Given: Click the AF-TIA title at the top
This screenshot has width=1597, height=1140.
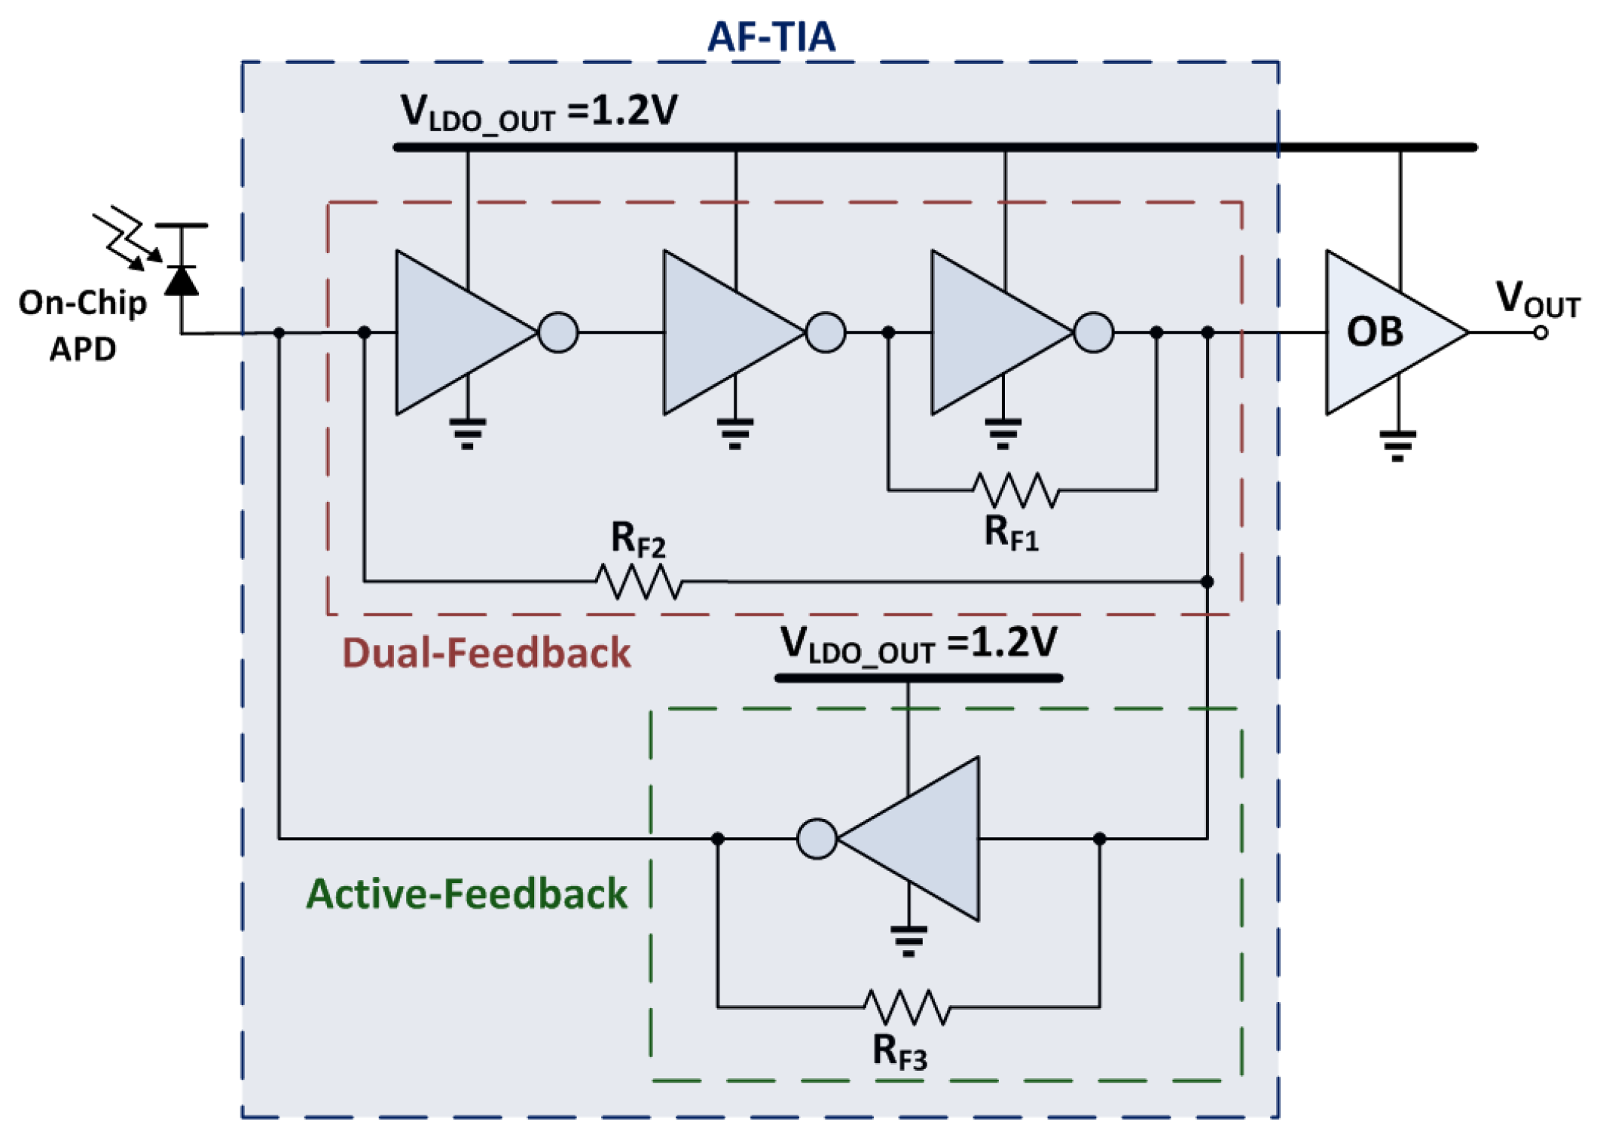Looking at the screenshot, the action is click(x=771, y=36).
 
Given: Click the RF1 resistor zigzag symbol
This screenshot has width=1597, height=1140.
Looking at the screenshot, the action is click(x=1016, y=490).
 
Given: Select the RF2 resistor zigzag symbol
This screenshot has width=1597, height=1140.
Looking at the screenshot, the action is click(x=639, y=582).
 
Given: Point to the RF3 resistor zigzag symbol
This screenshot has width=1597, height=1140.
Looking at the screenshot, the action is click(x=907, y=1007).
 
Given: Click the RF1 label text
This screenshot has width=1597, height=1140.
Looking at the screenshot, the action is click(x=1012, y=533).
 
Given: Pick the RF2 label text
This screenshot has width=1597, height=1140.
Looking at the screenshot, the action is click(x=638, y=539).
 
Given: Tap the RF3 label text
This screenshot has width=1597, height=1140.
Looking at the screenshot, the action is click(x=899, y=1050).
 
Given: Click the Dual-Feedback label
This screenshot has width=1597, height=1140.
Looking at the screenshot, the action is click(x=487, y=653).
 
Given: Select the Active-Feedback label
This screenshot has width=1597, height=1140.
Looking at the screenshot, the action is click(x=466, y=894).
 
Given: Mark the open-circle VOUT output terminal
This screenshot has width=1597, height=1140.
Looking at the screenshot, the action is click(x=1541, y=332).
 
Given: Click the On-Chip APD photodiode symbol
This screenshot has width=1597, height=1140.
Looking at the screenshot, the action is click(x=182, y=279).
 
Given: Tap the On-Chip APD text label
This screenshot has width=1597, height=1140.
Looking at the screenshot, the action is click(x=83, y=325).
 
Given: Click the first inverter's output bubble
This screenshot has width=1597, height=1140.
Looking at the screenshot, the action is click(x=558, y=332).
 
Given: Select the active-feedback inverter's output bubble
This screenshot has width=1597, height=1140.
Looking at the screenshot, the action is click(x=817, y=839).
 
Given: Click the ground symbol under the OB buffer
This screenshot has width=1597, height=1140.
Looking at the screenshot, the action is click(x=1398, y=445).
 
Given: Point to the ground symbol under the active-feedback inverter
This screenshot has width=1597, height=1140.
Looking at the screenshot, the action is click(x=908, y=941).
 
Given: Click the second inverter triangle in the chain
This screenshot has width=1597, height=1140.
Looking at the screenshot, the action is click(x=733, y=332).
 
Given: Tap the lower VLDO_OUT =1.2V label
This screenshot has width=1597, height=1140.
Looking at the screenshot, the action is click(x=918, y=645).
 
